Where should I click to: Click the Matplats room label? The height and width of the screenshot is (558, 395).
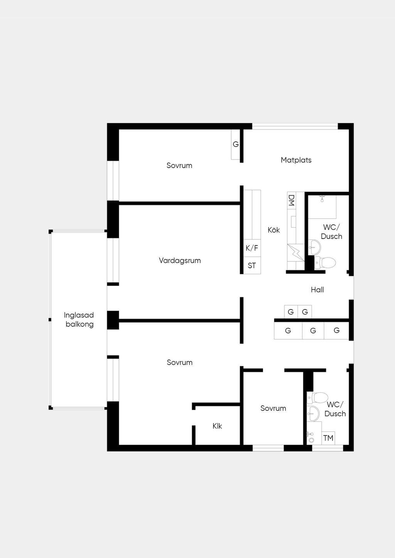pos(296,160)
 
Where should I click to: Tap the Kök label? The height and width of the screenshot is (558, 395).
pos(273,230)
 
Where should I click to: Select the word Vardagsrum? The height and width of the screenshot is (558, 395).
pos(180,261)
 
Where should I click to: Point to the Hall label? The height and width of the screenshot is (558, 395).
pos(317,290)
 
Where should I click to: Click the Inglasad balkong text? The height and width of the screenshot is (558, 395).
pos(79,319)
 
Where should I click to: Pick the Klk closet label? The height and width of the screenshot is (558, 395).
pos(217,426)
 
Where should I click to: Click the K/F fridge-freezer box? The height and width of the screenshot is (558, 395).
pos(252,248)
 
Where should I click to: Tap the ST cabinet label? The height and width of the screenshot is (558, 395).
pos(252,266)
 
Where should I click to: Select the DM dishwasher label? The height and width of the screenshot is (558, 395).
pos(291,200)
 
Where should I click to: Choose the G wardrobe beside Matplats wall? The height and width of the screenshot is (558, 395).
pos(235,145)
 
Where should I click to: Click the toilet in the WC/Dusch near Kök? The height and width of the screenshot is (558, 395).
pos(325,263)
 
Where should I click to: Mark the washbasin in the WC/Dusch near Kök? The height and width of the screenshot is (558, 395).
pos(314,247)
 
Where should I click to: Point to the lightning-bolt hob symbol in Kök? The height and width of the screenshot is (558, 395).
pos(296,252)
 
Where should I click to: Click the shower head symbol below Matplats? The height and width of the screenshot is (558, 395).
pos(322,198)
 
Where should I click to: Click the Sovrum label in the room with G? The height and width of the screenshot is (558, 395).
pos(179,166)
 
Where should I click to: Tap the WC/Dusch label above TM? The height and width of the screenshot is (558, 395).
pos(335,409)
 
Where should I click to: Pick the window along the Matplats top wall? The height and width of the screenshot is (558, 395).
pos(295,126)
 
